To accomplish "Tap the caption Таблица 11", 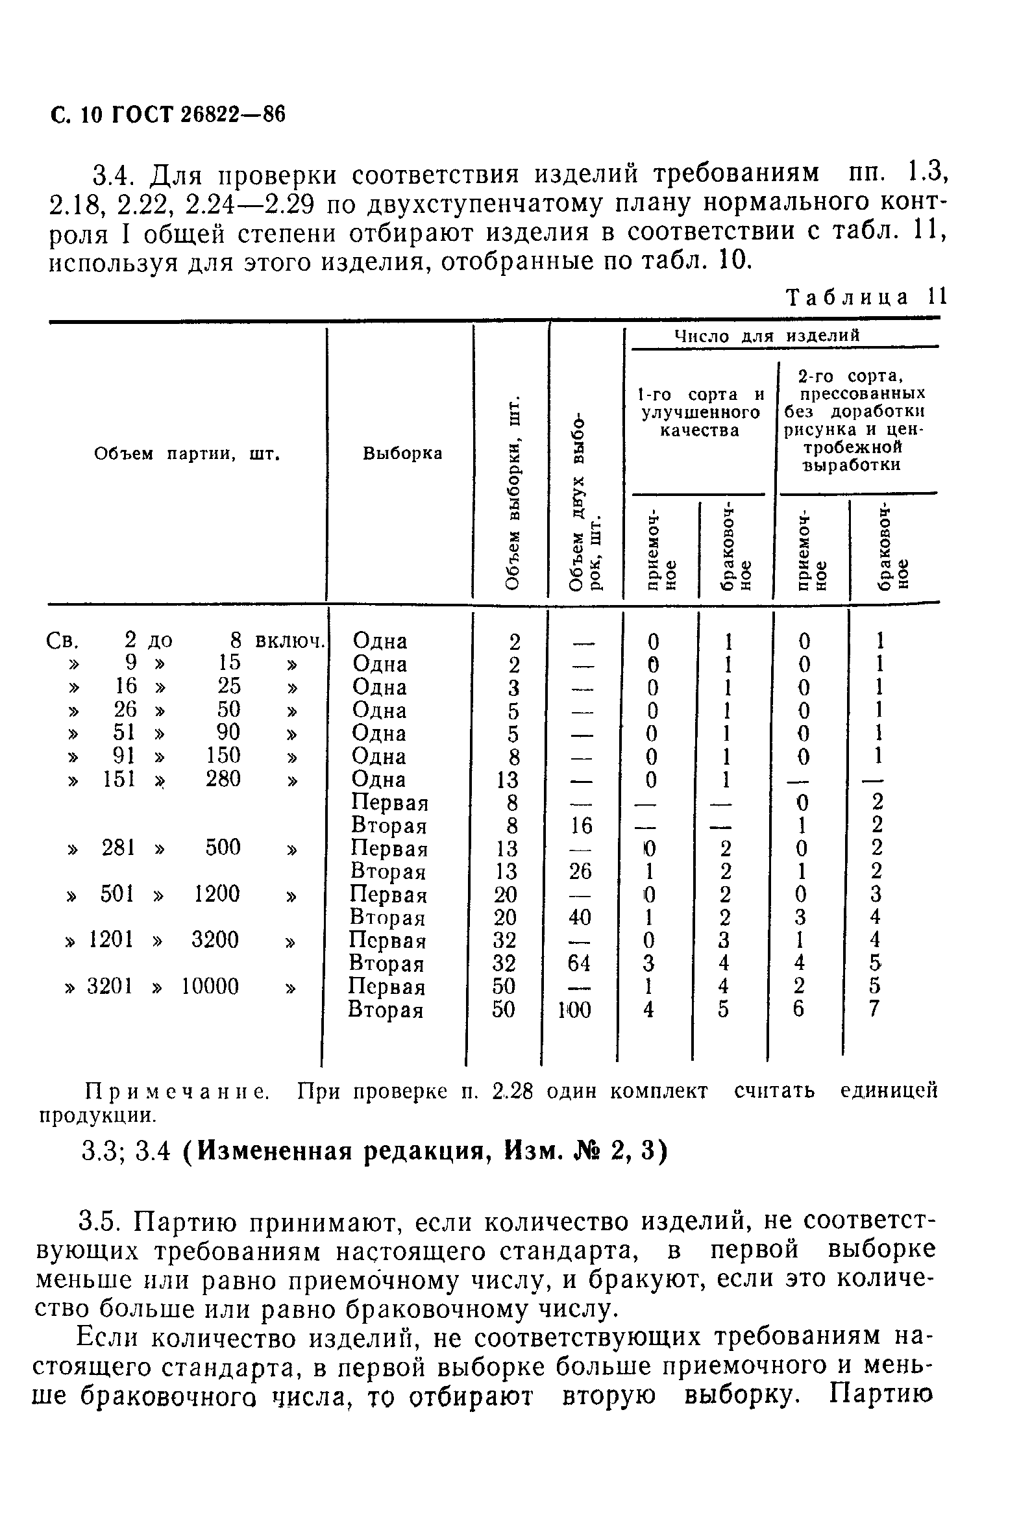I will pos(866,297).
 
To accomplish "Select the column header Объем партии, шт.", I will pos(187,454).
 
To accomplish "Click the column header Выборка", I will pos(402,454).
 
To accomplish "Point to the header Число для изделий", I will pos(767,336).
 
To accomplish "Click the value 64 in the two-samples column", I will pos(579,963).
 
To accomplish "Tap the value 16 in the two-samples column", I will pos(580,825).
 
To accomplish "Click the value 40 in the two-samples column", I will pos(579,917).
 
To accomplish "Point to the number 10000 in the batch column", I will pos(210,986).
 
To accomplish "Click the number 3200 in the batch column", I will pos(215,940).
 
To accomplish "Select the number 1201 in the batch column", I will pos(112,940).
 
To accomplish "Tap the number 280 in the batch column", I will pos(223,778).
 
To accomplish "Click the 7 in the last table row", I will pos(874,1009).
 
